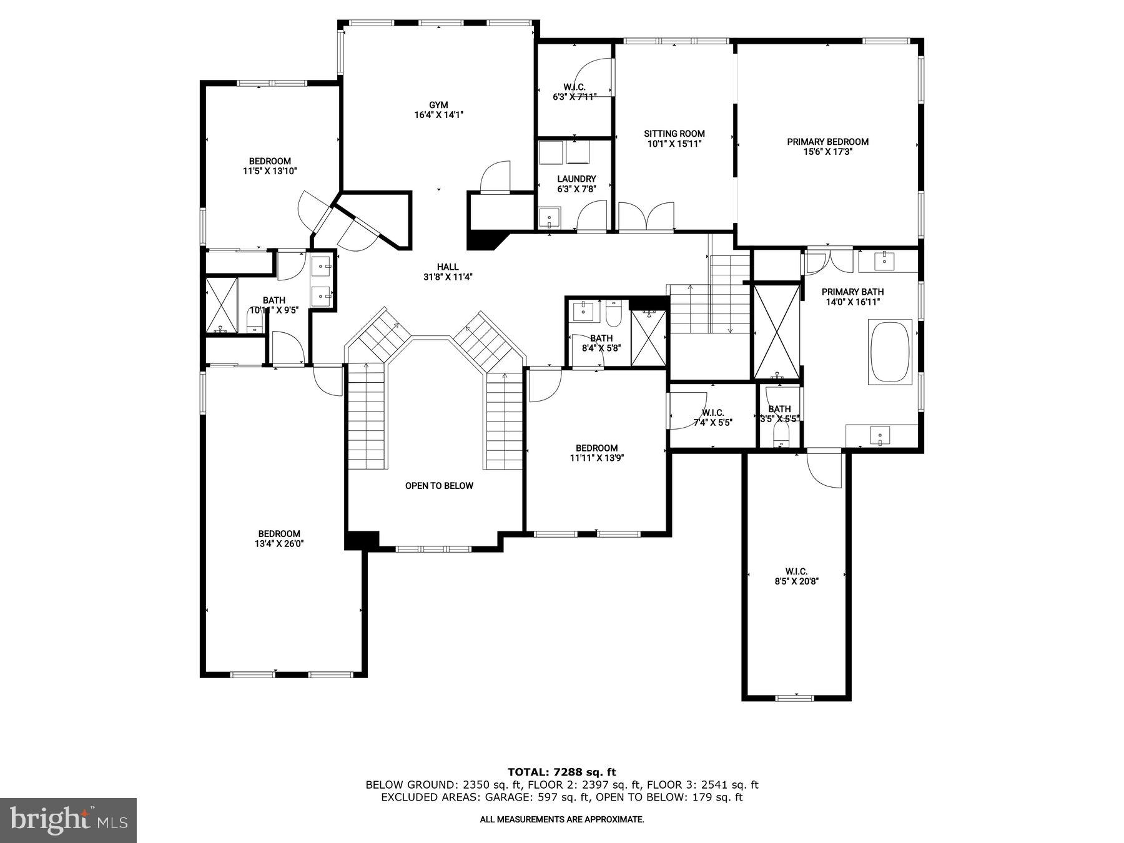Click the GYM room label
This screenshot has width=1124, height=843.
[438, 110]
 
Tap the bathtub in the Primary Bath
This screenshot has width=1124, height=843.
[890, 352]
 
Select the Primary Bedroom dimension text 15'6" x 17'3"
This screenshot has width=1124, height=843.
[827, 152]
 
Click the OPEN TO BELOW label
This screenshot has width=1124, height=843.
[439, 486]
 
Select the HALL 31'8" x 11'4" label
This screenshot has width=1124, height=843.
[448, 272]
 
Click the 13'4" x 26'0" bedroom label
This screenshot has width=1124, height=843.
[279, 539]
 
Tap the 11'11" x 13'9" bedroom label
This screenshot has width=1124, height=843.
[596, 453]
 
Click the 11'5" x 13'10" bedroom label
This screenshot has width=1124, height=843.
[270, 165]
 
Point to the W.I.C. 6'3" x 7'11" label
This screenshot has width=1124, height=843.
[574, 92]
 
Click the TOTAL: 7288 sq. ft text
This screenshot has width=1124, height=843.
[561, 772]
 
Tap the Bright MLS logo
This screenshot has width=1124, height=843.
[68, 820]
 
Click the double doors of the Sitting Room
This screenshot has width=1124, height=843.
[646, 217]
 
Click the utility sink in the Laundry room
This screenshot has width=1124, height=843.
[550, 218]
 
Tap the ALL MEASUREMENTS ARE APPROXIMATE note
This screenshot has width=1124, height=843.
[561, 819]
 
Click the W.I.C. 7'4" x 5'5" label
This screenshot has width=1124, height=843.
[712, 417]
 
